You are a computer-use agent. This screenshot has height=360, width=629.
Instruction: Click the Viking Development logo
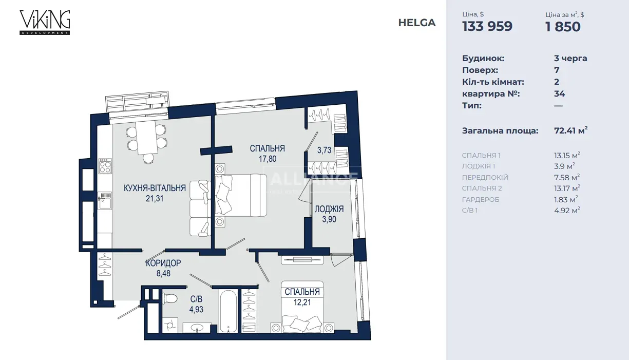pyautogui.click(x=45, y=23)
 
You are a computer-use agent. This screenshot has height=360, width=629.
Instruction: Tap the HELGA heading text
pyautogui.click(x=417, y=23)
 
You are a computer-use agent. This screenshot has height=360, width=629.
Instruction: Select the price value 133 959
pyautogui.click(x=487, y=26)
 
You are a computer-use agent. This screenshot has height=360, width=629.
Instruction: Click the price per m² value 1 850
pyautogui.click(x=563, y=27)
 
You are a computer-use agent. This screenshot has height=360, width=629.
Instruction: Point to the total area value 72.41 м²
pyautogui.click(x=571, y=130)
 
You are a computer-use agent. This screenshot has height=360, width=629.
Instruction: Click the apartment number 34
pyautogui.click(x=559, y=93)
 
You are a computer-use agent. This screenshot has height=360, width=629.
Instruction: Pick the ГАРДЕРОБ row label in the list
pyautogui.click(x=481, y=200)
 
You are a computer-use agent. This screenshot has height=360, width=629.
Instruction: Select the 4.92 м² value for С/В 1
pyautogui.click(x=567, y=211)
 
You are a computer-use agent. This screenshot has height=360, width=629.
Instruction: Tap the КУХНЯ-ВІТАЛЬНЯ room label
pyautogui.click(x=155, y=188)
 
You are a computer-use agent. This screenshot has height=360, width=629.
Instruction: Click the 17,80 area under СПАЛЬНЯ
pyautogui.click(x=268, y=159)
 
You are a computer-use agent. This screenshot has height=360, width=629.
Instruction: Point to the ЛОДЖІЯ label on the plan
pyautogui.click(x=329, y=209)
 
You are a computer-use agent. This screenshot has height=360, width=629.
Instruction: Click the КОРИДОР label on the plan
pyautogui.click(x=163, y=263)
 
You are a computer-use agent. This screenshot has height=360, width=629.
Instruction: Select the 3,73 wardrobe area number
pyautogui.click(x=325, y=150)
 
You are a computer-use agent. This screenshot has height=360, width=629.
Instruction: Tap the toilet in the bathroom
pyautogui.click(x=170, y=298)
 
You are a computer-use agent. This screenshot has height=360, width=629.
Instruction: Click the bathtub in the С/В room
pyautogui.click(x=228, y=311)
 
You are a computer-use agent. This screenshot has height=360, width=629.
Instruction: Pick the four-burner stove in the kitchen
pyautogui.click(x=105, y=166)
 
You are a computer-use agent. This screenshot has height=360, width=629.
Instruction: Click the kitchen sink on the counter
pyautogui.click(x=105, y=200)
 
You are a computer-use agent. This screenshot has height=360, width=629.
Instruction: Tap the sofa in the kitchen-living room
pyautogui.click(x=200, y=209)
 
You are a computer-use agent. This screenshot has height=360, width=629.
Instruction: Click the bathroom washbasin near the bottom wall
pyautogui.click(x=197, y=328)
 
